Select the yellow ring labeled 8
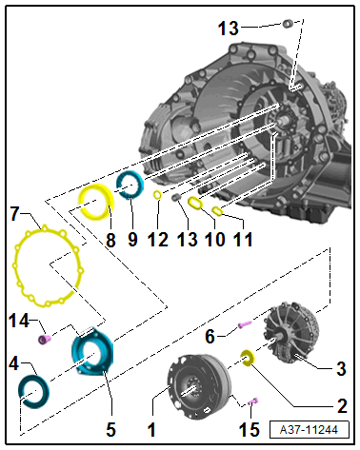[95, 202]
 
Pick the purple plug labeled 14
[44, 339]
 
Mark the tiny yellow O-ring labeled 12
[155, 196]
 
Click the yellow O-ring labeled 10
[195, 203]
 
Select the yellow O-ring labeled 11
[217, 210]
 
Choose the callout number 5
[110, 430]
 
